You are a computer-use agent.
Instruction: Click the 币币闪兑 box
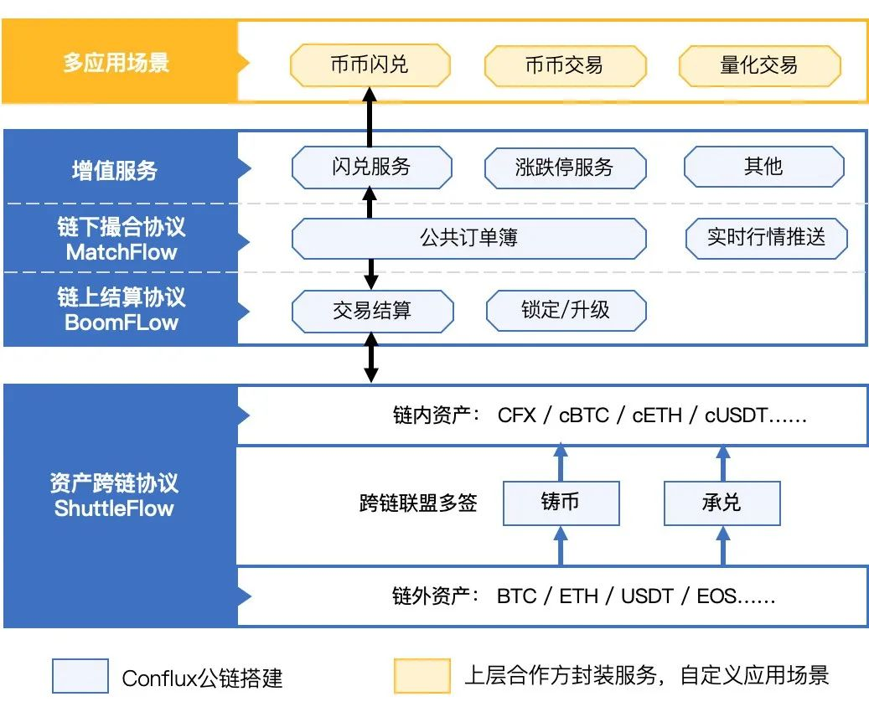pyautogui.click(x=370, y=65)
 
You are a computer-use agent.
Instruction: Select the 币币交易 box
pyautogui.click(x=564, y=65)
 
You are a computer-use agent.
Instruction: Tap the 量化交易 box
pyautogui.click(x=759, y=65)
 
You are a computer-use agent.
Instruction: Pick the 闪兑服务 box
pyautogui.click(x=371, y=167)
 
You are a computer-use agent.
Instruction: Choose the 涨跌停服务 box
pyautogui.click(x=565, y=167)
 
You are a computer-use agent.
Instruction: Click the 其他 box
pyautogui.click(x=763, y=167)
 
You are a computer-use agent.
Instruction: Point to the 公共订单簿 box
pyautogui.click(x=468, y=239)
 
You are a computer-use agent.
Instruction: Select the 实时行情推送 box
pyautogui.click(x=766, y=238)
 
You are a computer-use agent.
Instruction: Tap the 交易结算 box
pyautogui.click(x=372, y=311)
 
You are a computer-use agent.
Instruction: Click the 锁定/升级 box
pyautogui.click(x=566, y=311)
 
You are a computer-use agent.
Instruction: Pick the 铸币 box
pyautogui.click(x=561, y=503)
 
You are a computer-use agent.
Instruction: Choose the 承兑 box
pyautogui.click(x=722, y=503)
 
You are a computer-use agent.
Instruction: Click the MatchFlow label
pyautogui.click(x=122, y=252)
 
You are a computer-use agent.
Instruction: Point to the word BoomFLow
pyautogui.click(x=122, y=323)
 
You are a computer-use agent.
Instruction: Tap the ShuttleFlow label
pyautogui.click(x=114, y=508)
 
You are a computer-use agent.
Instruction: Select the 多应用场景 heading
pyautogui.click(x=116, y=63)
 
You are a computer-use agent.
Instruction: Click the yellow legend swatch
pyautogui.click(x=422, y=676)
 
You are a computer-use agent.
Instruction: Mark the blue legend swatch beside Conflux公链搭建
pyautogui.click(x=80, y=676)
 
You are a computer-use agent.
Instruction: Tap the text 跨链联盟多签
pyautogui.click(x=418, y=503)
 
